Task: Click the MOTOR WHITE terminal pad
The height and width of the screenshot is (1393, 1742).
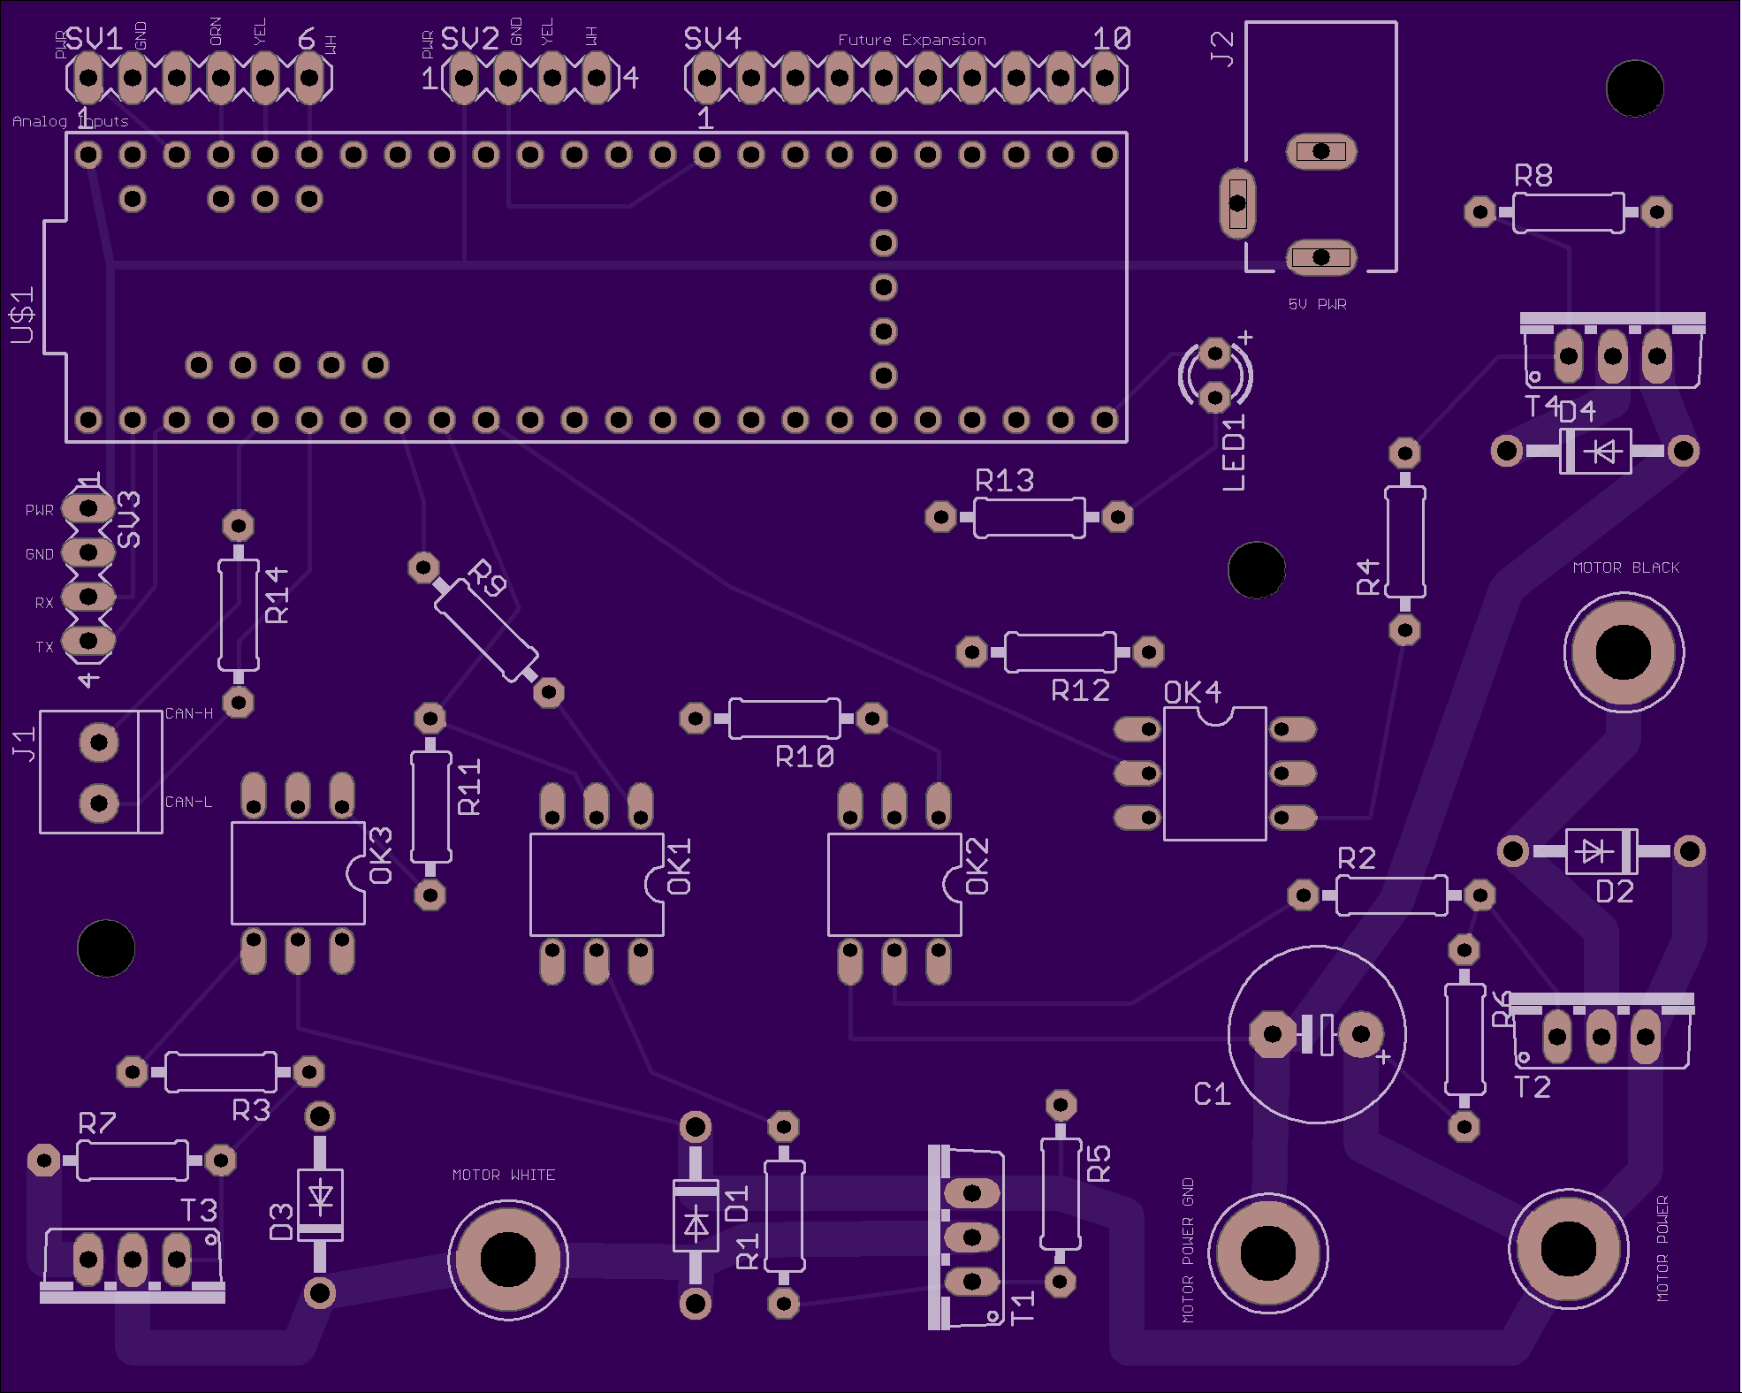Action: click(x=507, y=1259)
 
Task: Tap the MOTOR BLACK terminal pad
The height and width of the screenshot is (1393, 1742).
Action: click(x=1623, y=652)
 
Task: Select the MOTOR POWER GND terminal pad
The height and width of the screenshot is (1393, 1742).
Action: click(x=1267, y=1252)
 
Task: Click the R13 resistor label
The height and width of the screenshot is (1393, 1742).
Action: click(x=1004, y=481)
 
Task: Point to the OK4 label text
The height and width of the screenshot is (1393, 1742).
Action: click(x=1192, y=693)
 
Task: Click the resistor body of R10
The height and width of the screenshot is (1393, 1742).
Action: click(x=784, y=719)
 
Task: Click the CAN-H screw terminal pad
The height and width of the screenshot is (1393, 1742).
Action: click(x=99, y=742)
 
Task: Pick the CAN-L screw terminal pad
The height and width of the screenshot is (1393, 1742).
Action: click(x=99, y=803)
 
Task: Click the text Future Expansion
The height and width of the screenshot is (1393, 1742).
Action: click(x=911, y=40)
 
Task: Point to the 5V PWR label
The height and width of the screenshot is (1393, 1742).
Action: click(x=1317, y=304)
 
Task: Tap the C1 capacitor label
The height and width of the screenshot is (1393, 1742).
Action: click(x=1212, y=1094)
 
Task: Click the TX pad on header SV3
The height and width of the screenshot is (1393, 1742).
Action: click(x=88, y=640)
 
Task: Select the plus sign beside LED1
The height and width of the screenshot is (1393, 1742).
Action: click(x=1245, y=337)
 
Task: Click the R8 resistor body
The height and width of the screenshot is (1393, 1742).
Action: click(x=1568, y=212)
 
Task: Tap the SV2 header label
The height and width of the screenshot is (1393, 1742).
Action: click(x=469, y=39)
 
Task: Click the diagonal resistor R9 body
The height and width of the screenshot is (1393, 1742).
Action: click(x=486, y=629)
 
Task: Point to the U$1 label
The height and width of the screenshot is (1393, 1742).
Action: click(x=22, y=316)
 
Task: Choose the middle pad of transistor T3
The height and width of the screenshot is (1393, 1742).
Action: click(x=133, y=1259)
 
